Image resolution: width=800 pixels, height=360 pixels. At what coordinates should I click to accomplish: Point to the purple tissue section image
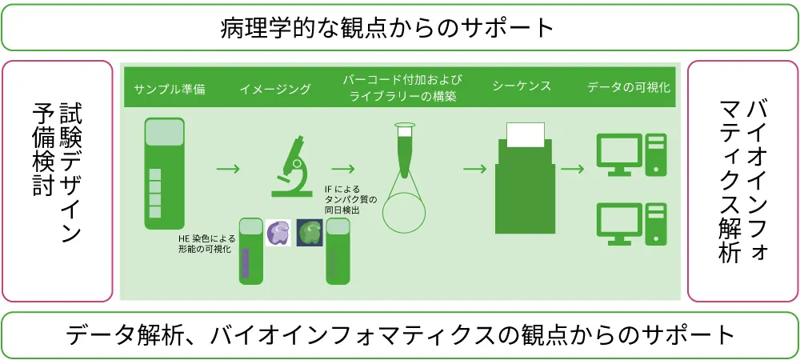(x=278, y=233)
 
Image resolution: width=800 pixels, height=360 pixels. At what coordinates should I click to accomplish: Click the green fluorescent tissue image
(x=310, y=232)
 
